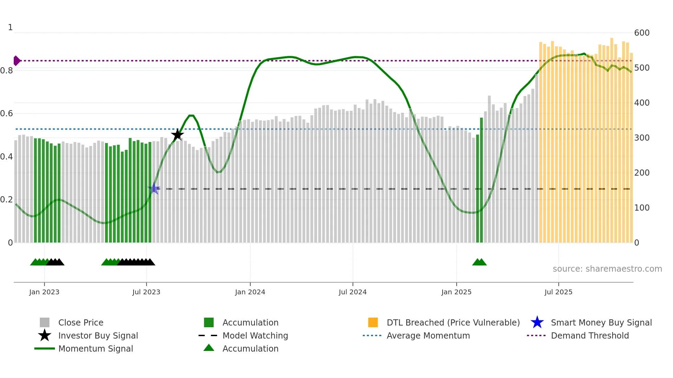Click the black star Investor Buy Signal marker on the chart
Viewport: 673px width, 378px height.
point(178,135)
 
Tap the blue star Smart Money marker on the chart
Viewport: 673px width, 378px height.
point(154,188)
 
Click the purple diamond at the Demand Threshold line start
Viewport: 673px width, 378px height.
point(16,61)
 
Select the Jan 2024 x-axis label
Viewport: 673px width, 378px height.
point(250,292)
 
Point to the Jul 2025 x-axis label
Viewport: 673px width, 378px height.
point(558,292)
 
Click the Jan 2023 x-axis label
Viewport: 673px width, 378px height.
point(44,292)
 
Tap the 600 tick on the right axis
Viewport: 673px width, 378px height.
point(642,33)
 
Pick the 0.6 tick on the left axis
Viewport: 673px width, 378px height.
point(7,114)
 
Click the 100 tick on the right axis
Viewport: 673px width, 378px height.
point(642,208)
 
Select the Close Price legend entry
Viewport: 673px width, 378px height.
point(81,322)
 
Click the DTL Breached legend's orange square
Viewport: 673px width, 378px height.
point(373,322)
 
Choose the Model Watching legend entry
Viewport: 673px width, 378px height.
point(255,335)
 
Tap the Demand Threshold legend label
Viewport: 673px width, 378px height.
point(590,335)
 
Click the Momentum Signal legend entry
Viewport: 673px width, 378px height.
point(95,349)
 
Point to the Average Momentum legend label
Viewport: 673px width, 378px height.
point(428,335)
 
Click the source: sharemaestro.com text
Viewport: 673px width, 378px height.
point(607,269)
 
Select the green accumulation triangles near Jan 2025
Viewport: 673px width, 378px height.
point(479,262)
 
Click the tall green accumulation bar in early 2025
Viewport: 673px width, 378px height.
point(481,180)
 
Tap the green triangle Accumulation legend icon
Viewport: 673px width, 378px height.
point(209,348)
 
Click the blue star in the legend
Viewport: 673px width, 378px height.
point(537,322)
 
